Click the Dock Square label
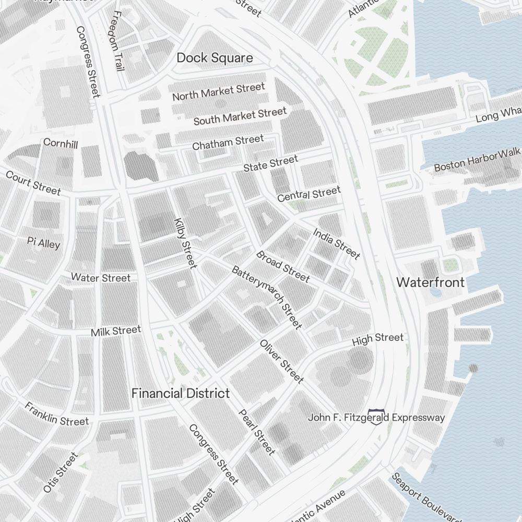215,58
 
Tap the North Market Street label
219,92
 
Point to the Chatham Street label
228,142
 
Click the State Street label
270,163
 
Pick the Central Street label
309,194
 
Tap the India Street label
336,243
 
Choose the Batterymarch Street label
267,298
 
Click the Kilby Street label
185,243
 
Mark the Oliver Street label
281,361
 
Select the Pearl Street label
256,431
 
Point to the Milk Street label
115,331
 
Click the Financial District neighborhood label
180,394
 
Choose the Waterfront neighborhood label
430,282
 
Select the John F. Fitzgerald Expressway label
376,418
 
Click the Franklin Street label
56,413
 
